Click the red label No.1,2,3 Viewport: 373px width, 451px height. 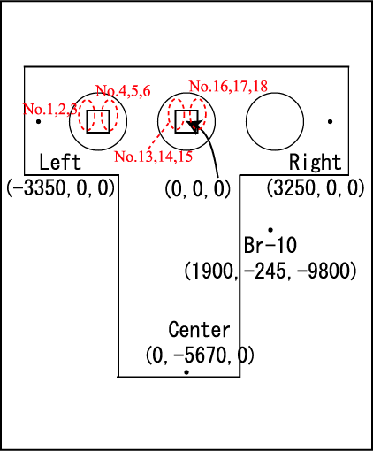point(50,109)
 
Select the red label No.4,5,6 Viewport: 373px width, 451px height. point(123,90)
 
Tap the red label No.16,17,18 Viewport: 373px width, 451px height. point(228,86)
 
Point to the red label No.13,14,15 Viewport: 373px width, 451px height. point(154,157)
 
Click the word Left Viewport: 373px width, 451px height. point(60,162)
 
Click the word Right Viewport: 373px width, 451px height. point(316,162)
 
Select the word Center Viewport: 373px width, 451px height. point(199,329)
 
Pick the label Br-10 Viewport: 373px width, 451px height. point(270,245)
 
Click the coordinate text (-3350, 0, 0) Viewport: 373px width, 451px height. point(60,187)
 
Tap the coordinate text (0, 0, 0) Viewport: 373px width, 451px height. point(198,188)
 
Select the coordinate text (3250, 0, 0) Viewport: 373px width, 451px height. point(316,187)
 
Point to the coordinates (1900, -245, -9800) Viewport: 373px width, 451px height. point(270,271)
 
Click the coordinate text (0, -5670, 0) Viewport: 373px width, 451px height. point(200,355)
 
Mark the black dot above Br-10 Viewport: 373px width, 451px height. point(270,230)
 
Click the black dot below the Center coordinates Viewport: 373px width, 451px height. point(186,372)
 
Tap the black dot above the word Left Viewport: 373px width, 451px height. point(38,121)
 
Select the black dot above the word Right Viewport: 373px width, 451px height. point(331,121)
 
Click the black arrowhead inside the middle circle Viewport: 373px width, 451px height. point(194,126)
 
